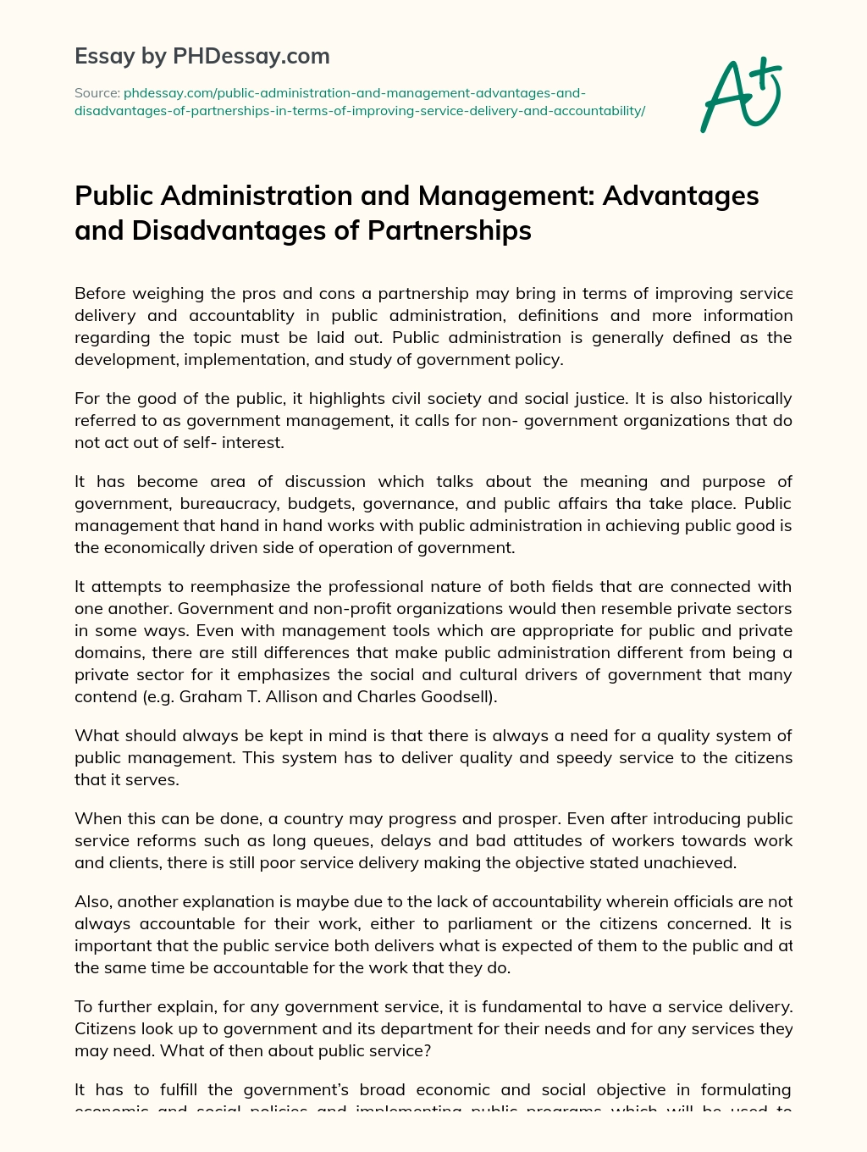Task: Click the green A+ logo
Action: (741, 95)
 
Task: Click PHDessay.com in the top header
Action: (251, 56)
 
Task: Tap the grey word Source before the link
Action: (97, 93)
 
